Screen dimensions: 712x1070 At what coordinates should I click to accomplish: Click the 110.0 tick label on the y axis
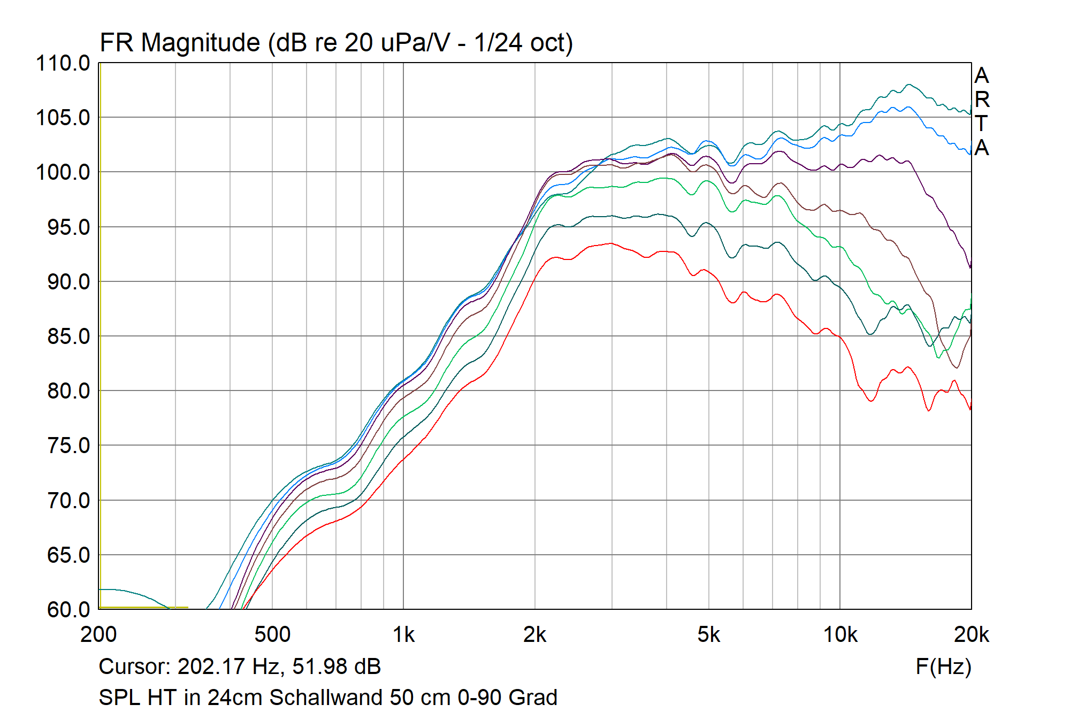click(63, 64)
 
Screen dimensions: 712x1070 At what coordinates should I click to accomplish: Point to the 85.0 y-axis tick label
click(68, 336)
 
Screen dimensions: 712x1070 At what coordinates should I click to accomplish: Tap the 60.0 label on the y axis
click(68, 609)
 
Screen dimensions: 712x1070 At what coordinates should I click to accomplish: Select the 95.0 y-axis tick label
click(68, 227)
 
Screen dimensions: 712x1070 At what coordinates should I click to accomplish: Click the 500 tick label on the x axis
click(272, 635)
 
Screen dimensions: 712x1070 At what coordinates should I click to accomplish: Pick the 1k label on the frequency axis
click(403, 635)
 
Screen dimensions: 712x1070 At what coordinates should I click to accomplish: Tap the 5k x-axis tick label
click(708, 635)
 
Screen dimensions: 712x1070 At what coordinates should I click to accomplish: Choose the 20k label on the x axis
click(971, 635)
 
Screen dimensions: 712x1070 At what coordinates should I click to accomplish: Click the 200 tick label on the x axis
click(99, 635)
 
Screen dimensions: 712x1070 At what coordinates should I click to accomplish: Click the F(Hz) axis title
click(943, 667)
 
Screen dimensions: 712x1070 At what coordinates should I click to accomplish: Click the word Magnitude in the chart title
click(201, 43)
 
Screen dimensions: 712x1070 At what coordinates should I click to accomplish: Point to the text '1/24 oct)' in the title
click(523, 43)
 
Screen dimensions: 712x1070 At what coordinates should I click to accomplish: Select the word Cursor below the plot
click(134, 667)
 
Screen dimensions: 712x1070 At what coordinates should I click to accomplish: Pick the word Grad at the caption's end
click(533, 698)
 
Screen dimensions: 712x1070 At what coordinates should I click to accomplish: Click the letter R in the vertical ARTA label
click(982, 99)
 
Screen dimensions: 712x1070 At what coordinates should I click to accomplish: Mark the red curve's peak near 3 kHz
click(610, 243)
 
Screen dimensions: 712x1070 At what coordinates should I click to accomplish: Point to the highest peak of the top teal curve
click(908, 85)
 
